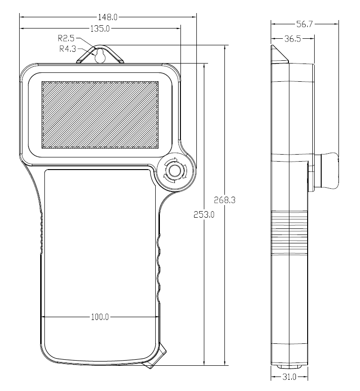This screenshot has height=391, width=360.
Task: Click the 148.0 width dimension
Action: [x=109, y=17]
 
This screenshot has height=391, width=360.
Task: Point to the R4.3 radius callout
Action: [x=67, y=48]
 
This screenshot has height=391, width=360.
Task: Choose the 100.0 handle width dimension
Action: [x=100, y=317]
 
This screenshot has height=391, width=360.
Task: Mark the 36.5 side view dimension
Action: [x=292, y=39]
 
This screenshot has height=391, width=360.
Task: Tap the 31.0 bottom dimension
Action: [x=289, y=376]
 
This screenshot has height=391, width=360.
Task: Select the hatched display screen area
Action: [x=100, y=115]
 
